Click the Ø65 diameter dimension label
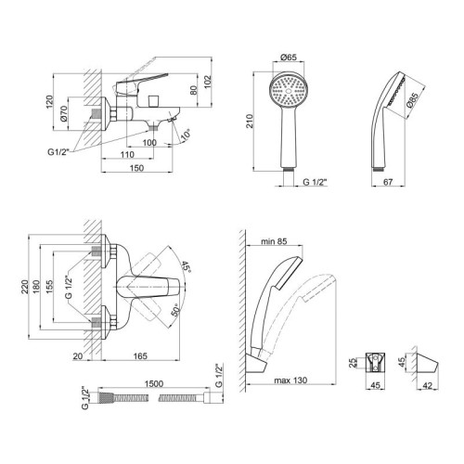289,58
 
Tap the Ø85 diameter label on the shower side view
413,100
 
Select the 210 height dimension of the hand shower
250,121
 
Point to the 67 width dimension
388,182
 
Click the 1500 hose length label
154,384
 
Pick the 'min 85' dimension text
274,241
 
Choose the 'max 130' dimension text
290,380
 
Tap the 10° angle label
186,135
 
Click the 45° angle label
186,266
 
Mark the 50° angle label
175,310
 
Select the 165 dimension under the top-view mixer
140,356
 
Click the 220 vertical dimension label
25,287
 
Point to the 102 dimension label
208,82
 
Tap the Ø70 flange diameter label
64,113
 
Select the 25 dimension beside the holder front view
353,363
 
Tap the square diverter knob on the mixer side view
154,101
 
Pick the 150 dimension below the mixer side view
136,168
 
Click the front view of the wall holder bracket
375,362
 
